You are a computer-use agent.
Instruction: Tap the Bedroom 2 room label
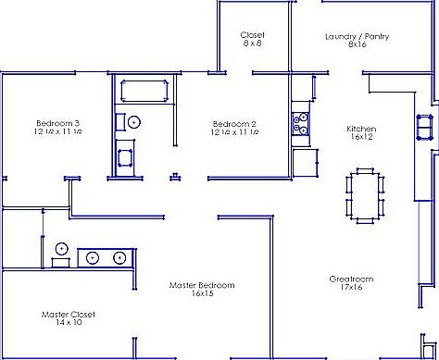click(x=234, y=123)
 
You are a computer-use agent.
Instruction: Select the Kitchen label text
click(x=360, y=129)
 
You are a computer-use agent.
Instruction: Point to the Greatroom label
click(x=351, y=279)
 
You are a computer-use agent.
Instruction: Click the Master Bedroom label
click(x=202, y=284)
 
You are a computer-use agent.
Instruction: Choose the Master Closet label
click(x=69, y=314)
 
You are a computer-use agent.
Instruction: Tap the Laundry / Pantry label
click(x=357, y=36)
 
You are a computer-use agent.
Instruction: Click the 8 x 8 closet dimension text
click(x=252, y=43)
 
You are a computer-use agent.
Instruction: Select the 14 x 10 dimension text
click(x=69, y=322)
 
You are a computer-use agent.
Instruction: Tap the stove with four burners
click(x=300, y=123)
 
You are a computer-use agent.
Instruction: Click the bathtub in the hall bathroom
click(x=142, y=93)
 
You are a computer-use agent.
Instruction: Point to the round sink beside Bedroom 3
click(x=133, y=121)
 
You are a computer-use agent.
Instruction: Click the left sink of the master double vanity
click(x=94, y=257)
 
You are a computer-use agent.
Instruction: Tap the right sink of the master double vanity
click(x=119, y=257)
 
